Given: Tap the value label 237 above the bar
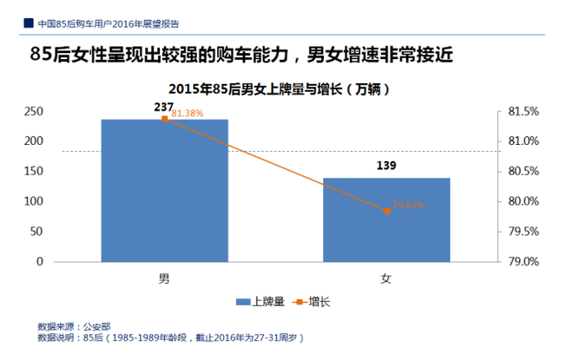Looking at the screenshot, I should [x=164, y=107].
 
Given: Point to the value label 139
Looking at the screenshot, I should [x=386, y=165].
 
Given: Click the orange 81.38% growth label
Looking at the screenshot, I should [x=188, y=114].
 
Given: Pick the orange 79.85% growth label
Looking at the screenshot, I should [x=408, y=205].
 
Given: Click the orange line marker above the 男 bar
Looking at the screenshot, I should [x=164, y=119].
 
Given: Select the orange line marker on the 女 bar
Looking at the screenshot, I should [x=386, y=211].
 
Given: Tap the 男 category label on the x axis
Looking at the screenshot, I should [x=164, y=278].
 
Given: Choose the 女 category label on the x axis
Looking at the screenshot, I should [x=386, y=278].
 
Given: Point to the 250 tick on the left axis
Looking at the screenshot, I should [x=34, y=111].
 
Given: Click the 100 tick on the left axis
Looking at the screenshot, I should [x=34, y=201].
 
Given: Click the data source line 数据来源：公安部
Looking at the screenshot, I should [x=76, y=327].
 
